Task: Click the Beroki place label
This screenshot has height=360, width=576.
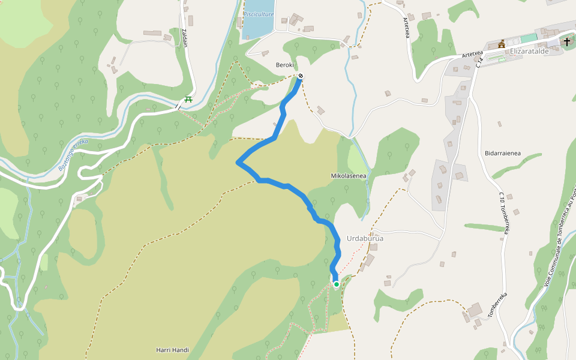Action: coord(284,65)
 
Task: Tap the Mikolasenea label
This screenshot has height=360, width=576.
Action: coord(349,176)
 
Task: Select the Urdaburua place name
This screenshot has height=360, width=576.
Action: coord(365,238)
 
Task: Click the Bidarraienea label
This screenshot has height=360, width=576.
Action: coord(502,153)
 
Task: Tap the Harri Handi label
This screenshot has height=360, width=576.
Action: coord(172,350)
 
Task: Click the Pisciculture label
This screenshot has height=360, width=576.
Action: coord(259,14)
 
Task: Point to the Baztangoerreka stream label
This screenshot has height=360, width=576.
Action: coord(73,154)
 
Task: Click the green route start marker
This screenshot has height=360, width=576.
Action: coord(337,284)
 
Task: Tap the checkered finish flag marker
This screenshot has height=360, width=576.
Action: coord(300,76)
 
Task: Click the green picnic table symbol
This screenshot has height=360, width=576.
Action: coord(188,100)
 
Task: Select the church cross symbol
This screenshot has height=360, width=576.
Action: coord(567,41)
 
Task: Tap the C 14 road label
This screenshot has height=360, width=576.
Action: coord(479,62)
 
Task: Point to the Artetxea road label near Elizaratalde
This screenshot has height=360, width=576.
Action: coord(472,54)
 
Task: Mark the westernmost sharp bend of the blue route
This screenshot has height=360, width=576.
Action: coord(239,162)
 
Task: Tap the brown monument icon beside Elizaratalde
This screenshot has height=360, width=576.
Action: coord(502,44)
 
